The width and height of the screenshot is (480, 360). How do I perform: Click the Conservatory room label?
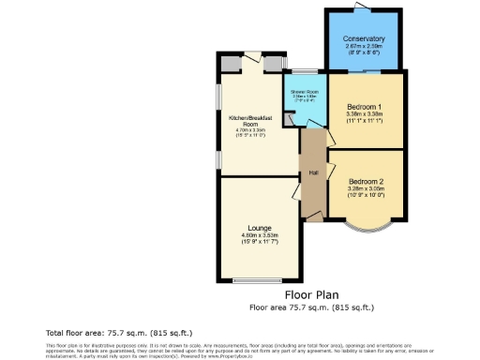(365, 39)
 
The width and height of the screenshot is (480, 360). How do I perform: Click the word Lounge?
(260, 228)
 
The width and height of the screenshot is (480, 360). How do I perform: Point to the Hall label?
(315, 172)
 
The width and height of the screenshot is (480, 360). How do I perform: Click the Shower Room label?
(305, 91)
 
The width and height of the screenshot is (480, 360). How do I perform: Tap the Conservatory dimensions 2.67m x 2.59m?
(365, 47)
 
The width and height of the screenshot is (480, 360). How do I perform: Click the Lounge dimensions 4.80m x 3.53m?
(260, 236)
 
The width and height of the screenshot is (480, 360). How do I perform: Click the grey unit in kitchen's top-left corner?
(227, 64)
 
